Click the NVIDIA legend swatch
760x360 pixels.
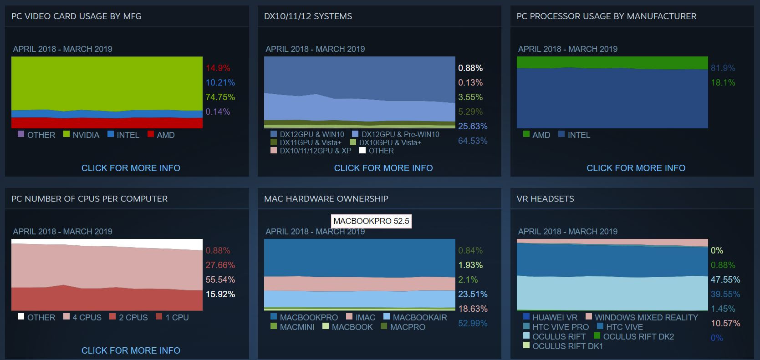tap(66, 134)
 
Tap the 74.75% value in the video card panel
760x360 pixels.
tap(220, 97)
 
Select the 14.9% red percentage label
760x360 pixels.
tap(218, 68)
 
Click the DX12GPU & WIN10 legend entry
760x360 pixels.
tap(307, 134)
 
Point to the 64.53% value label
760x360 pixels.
tap(473, 141)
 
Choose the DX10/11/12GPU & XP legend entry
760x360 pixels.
tap(311, 151)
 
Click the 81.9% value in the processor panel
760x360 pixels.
tap(723, 68)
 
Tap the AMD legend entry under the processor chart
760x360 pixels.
tap(537, 135)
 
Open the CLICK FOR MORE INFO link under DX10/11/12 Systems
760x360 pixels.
tap(383, 168)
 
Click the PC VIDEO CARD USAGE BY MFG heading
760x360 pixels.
tap(77, 16)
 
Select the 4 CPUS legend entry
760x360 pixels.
tap(82, 317)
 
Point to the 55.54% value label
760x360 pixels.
tap(220, 279)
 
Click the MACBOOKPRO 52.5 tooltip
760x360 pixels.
tap(371, 221)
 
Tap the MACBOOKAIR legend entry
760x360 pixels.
tap(415, 317)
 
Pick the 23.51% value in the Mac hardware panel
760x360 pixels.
tap(473, 294)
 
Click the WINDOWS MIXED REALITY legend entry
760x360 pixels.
tap(642, 317)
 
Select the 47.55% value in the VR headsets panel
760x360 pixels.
tap(725, 279)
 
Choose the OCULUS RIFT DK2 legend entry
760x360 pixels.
tap(634, 336)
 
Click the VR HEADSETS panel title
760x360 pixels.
tap(545, 198)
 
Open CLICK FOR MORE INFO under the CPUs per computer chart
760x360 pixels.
tap(131, 350)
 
